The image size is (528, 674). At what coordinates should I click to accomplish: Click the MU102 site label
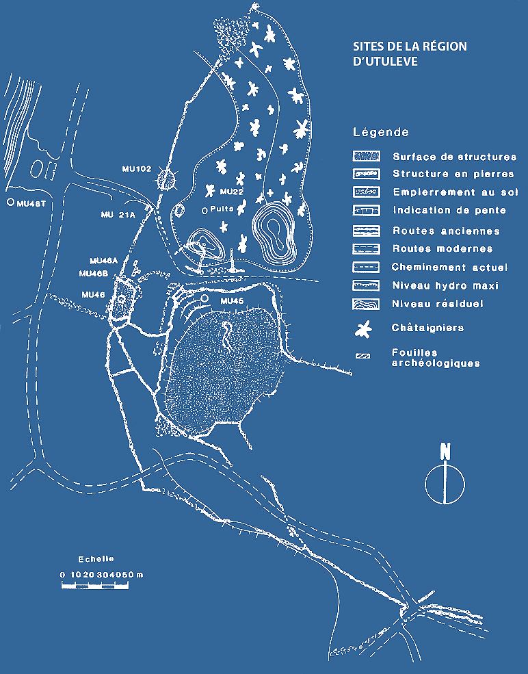pyautogui.click(x=137, y=169)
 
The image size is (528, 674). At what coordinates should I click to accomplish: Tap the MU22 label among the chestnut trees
pyautogui.click(x=232, y=192)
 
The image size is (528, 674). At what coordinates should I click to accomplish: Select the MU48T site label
pyautogui.click(x=31, y=204)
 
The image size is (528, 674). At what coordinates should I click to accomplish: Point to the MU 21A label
pyautogui.click(x=118, y=214)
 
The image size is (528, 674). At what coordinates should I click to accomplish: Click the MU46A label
pyautogui.click(x=103, y=261)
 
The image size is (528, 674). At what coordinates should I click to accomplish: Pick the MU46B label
pyautogui.click(x=93, y=274)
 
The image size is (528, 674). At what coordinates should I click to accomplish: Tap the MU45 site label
pyautogui.click(x=232, y=301)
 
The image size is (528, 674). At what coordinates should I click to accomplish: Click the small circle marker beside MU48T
pyautogui.click(x=10, y=202)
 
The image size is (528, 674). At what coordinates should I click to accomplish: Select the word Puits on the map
pyautogui.click(x=222, y=209)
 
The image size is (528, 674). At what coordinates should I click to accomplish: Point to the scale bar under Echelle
pyautogui.click(x=95, y=585)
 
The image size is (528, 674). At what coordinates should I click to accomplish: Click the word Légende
pyautogui.click(x=381, y=132)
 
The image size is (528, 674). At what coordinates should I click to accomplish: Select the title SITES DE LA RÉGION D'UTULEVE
pyautogui.click(x=410, y=54)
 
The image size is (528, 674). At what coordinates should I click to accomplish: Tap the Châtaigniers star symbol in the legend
pyautogui.click(x=363, y=329)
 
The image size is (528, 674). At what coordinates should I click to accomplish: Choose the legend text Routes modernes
pyautogui.click(x=443, y=248)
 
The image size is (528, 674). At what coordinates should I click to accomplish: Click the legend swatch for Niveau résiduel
pyautogui.click(x=366, y=304)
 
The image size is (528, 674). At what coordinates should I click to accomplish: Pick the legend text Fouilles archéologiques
pyautogui.click(x=436, y=358)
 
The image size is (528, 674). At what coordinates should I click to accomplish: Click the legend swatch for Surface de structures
pyautogui.click(x=366, y=156)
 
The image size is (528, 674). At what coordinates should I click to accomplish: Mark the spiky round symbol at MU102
pyautogui.click(x=166, y=180)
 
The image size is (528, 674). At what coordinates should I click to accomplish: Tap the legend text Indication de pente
pyautogui.click(x=449, y=210)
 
